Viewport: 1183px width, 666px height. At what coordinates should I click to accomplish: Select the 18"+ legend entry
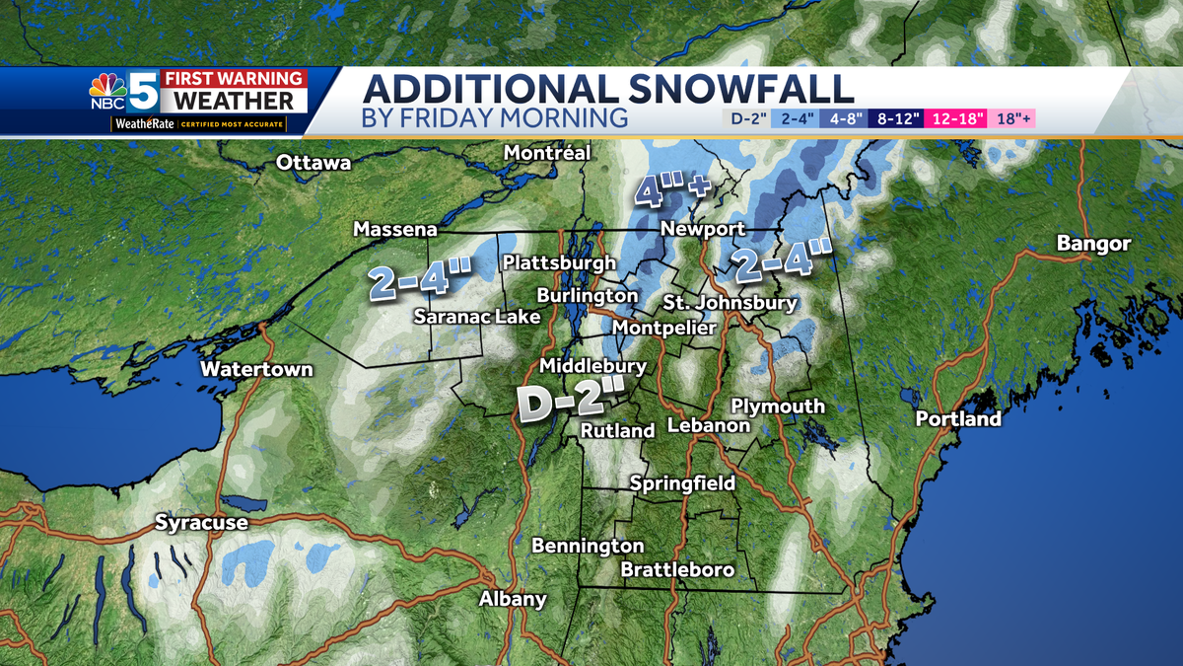pyautogui.click(x=1013, y=119)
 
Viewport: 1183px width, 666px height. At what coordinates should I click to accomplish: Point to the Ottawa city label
pyautogui.click(x=313, y=163)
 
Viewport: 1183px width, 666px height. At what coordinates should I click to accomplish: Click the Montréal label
pyautogui.click(x=546, y=153)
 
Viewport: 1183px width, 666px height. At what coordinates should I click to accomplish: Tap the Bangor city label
pyautogui.click(x=1093, y=243)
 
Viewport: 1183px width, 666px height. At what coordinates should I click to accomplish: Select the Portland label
pyautogui.click(x=958, y=418)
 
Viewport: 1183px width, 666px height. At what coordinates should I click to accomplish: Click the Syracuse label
pyautogui.click(x=201, y=523)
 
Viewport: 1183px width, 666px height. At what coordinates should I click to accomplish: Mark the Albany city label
pyautogui.click(x=513, y=599)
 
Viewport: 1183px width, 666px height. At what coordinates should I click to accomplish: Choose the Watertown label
pyautogui.click(x=256, y=370)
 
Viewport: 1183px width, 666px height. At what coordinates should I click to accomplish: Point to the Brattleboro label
pyautogui.click(x=677, y=570)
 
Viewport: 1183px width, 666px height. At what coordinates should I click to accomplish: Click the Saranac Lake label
pyautogui.click(x=476, y=317)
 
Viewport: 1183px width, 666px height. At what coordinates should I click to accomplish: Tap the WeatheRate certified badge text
pyautogui.click(x=198, y=125)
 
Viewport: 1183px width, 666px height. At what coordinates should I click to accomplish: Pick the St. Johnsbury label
pyautogui.click(x=730, y=303)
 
